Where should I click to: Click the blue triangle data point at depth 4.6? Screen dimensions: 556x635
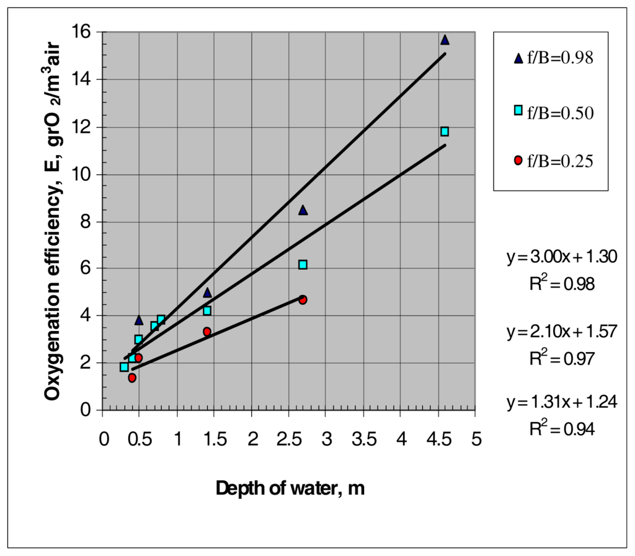445,40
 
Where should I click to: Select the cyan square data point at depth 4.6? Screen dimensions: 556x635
445,131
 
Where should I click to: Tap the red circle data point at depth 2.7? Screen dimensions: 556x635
303,299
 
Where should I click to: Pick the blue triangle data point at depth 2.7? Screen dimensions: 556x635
303,210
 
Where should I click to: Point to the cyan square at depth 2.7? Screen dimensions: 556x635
303,265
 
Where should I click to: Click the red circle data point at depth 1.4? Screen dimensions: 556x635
207,332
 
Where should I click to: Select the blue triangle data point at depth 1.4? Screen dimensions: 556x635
207,293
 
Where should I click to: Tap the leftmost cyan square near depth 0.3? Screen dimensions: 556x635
124,367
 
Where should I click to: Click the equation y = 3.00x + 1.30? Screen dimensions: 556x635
561,257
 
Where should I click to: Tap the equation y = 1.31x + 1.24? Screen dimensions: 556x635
561,402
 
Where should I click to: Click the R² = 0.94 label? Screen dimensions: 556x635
561,428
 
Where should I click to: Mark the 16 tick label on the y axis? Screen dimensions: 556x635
83,32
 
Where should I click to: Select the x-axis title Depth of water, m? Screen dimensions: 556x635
290,489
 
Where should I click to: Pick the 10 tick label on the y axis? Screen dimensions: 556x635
83,174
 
